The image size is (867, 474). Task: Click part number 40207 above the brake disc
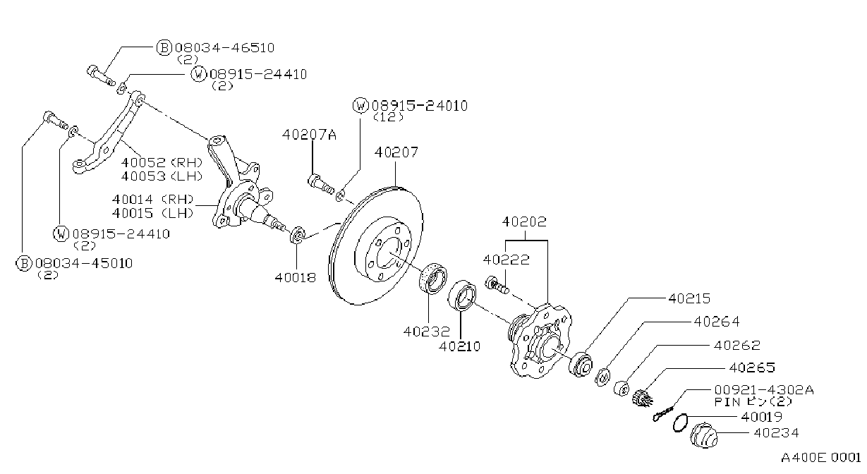click(396, 152)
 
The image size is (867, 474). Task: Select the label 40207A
click(309, 135)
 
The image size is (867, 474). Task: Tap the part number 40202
click(524, 221)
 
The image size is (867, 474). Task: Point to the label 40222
click(507, 260)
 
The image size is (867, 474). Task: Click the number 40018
click(296, 277)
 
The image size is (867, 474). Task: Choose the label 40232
click(427, 332)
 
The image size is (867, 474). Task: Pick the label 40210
click(459, 346)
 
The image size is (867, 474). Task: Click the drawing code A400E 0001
click(820, 458)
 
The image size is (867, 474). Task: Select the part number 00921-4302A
click(764, 389)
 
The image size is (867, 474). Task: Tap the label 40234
click(776, 432)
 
